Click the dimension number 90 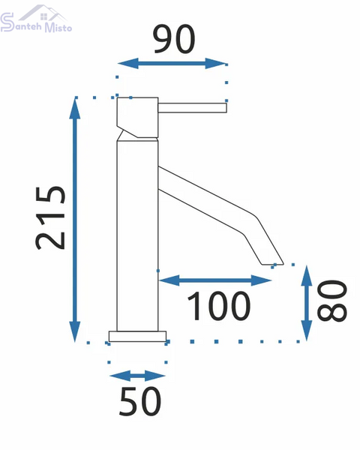pos(174,39)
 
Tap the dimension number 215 pos(50,218)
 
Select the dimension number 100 pos(219,306)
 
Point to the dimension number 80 pos(332,301)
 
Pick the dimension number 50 pos(140,402)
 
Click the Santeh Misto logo pos(36,19)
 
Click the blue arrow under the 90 pos(172,64)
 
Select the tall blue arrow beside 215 pos(75,220)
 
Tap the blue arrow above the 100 pos(215,280)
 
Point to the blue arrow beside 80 pos(307,303)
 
